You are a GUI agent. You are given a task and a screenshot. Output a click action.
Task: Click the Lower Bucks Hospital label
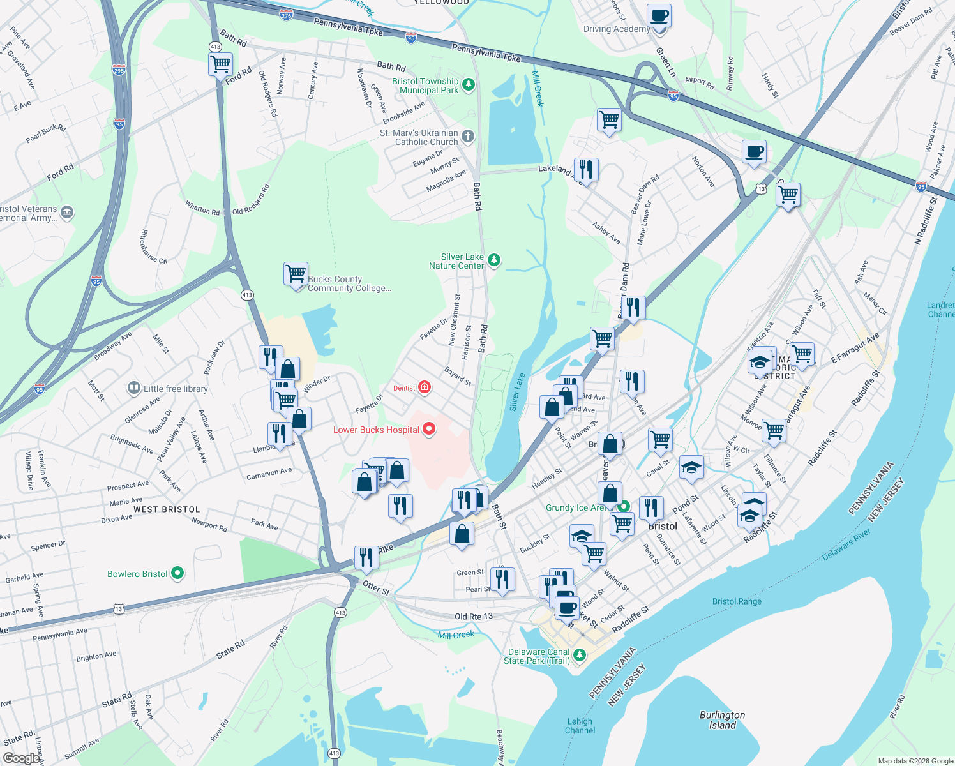pos(376,430)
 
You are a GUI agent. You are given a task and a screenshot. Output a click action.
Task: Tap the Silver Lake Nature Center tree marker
pos(493,260)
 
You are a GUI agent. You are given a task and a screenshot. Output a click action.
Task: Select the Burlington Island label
pos(722,720)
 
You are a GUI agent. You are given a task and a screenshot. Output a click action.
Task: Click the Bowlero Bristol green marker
pos(177,573)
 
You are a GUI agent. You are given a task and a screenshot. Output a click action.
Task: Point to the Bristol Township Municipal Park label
pos(425,86)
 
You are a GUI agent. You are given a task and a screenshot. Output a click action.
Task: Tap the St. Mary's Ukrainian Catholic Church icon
pos(468,136)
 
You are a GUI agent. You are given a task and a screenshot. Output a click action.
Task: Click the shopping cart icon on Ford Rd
pos(220,64)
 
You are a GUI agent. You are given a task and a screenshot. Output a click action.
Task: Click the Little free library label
pos(176,389)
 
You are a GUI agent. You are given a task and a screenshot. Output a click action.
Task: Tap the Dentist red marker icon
pos(424,387)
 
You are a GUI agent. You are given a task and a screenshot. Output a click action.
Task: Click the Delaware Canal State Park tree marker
pos(579,655)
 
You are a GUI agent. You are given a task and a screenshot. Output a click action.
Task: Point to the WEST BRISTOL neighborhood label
pos(167,509)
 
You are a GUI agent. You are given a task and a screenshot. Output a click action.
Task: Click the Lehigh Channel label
pos(580,726)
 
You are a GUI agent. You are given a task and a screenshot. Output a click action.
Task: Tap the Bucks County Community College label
pos(349,283)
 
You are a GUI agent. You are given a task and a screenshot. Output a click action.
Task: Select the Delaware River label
pos(846,544)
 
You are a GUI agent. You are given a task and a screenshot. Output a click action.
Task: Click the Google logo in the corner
pos(21,758)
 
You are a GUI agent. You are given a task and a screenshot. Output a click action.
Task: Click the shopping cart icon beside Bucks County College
pos(296,274)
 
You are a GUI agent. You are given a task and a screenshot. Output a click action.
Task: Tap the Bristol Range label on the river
pos(737,601)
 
